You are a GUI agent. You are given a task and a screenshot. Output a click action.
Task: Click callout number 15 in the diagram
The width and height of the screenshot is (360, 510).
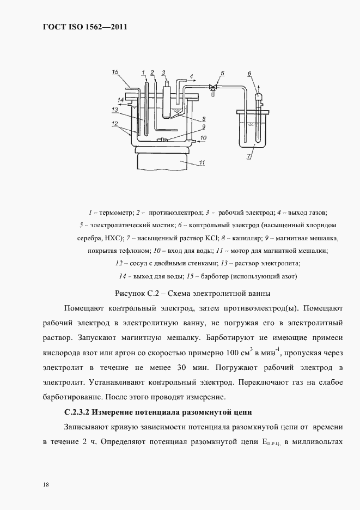[115, 72]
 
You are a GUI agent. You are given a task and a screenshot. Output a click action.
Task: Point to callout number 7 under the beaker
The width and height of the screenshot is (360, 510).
[249, 157]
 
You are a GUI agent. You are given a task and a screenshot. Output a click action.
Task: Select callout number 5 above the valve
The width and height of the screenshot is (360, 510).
[222, 72]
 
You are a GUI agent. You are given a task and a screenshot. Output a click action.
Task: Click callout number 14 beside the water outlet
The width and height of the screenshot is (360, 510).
[121, 99]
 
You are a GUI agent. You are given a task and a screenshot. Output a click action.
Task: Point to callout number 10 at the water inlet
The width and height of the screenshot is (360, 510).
[203, 138]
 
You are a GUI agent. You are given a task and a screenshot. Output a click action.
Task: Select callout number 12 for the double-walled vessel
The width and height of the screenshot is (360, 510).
[114, 125]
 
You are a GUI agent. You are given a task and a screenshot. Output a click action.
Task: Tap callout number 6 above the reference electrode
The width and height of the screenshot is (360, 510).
[249, 72]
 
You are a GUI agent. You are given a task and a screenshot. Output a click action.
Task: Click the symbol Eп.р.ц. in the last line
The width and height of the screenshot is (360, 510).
[270, 442]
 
